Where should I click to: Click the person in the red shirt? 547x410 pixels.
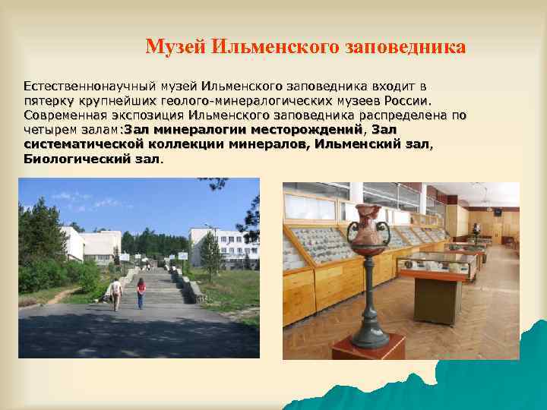[141, 292]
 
